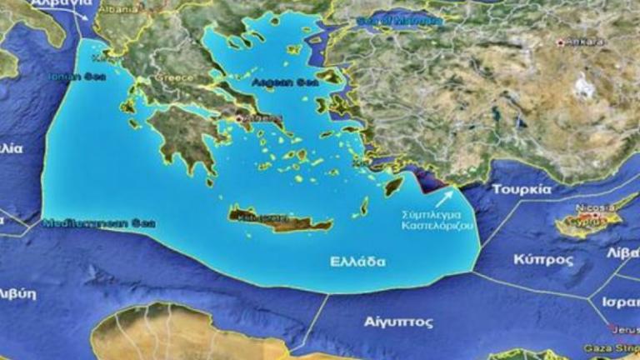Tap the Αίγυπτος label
[x=398, y=320]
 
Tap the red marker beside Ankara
[x=562, y=41]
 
